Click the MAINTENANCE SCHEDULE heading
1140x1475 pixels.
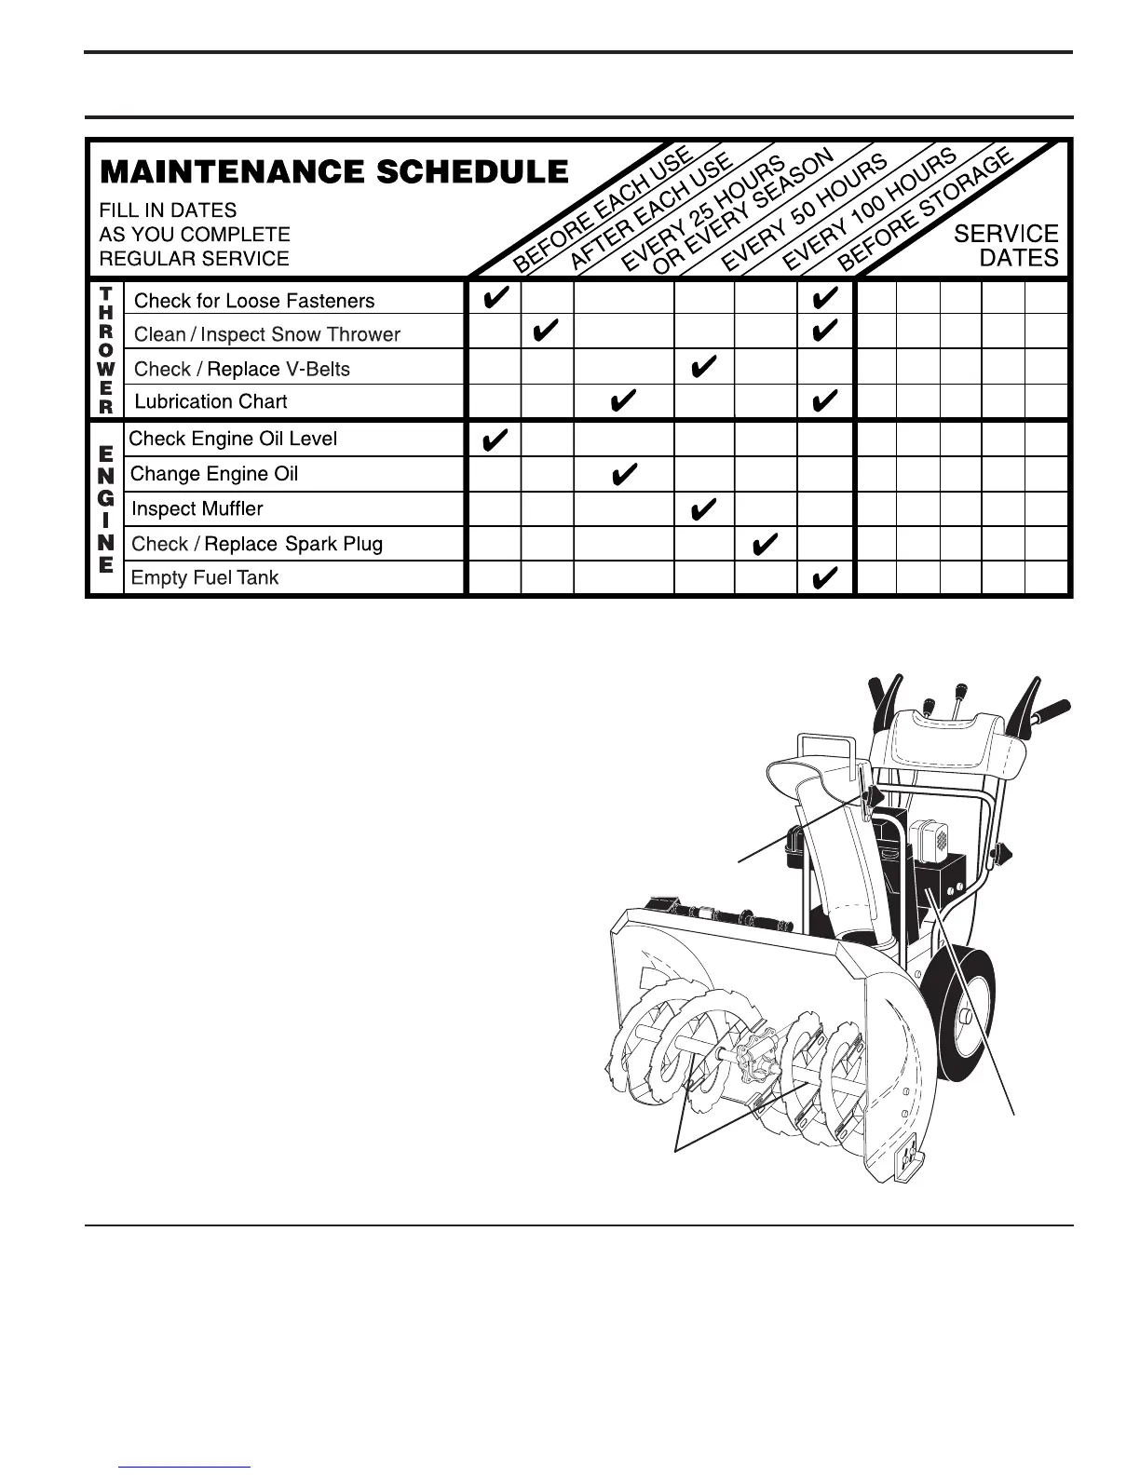[333, 172]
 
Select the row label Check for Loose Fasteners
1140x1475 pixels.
[254, 301]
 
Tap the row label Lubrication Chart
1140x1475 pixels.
[210, 401]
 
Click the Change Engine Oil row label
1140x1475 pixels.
[214, 474]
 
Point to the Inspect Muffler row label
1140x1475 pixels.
[197, 508]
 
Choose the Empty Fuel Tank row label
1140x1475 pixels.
[205, 577]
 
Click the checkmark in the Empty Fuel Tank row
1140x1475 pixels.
[825, 579]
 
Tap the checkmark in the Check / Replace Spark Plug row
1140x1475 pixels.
[765, 544]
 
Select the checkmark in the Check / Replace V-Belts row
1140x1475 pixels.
[704, 368]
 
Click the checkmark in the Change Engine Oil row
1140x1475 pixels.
[623, 477]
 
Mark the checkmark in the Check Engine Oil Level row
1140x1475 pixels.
[495, 439]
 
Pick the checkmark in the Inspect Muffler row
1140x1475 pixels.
[704, 508]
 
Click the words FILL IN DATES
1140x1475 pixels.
[168, 210]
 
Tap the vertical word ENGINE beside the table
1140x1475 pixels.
[106, 508]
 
